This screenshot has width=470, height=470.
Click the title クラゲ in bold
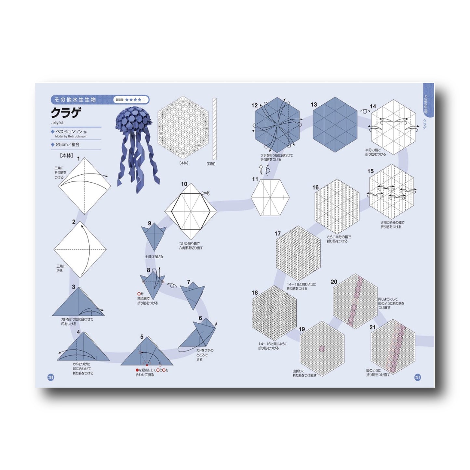point(65,113)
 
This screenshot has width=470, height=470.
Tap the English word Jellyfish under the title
point(58,123)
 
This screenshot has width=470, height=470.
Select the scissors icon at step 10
point(206,194)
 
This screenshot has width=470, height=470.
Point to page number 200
point(51,377)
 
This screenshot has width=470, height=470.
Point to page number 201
point(418,377)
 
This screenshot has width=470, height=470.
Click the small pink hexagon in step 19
point(322,348)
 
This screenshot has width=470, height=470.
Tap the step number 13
point(314,104)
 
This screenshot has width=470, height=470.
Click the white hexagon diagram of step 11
point(270,197)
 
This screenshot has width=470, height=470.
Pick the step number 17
point(277,234)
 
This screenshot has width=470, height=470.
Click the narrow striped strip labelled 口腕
point(214,129)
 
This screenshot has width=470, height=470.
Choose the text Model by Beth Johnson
point(71,137)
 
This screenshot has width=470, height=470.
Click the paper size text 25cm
point(62,145)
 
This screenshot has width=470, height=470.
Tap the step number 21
point(372,327)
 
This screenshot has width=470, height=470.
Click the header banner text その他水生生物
point(75,100)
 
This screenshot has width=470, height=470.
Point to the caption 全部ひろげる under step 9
point(154,257)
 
